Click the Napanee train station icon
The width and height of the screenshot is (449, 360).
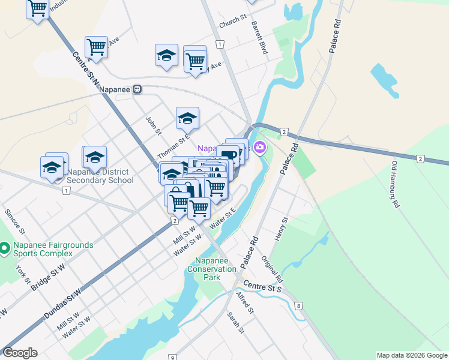click(137, 89)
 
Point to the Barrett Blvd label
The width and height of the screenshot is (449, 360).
click(259, 38)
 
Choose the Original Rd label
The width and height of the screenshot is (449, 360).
click(272, 270)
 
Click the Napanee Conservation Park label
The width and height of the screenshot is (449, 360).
click(215, 269)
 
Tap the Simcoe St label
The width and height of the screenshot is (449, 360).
click(14, 222)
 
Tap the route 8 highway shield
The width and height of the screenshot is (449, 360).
click(298, 307)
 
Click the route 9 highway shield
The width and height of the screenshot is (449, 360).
click(172, 357)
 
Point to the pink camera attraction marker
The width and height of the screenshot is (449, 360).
click(260, 148)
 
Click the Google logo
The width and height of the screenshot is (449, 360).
click(20, 353)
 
